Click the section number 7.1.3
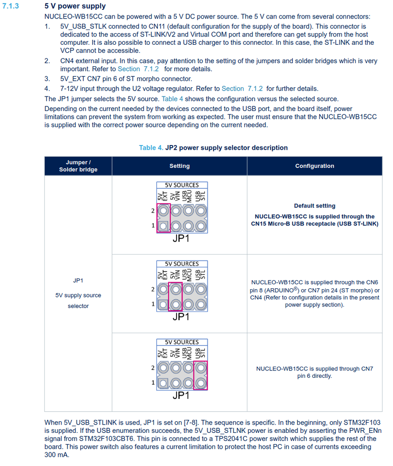[11, 7]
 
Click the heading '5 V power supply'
[75, 7]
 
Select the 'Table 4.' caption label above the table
[151, 148]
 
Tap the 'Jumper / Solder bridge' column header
[78, 166]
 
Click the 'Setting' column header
[179, 166]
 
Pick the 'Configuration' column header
[314, 166]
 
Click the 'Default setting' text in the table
[314, 206]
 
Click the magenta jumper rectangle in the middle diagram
[176, 297]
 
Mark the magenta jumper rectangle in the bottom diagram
[201, 376]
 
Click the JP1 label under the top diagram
[181, 239]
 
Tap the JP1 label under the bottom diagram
[181, 396]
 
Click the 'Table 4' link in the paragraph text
[172, 99]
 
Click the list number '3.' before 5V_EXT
[47, 79]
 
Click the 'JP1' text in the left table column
[78, 281]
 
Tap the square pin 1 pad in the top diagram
[163, 226]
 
